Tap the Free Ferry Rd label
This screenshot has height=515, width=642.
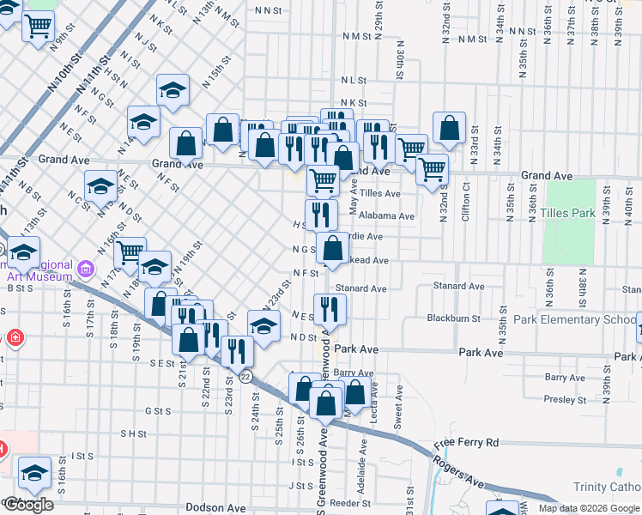click(466, 443)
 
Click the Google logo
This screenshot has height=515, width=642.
click(29, 505)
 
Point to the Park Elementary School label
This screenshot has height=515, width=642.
click(574, 319)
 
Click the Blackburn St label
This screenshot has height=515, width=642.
click(453, 318)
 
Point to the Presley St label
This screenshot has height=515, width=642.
click(565, 399)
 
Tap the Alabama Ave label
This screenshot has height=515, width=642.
click(387, 216)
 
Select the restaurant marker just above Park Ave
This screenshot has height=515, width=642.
click(330, 308)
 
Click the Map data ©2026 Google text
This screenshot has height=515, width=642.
click(590, 508)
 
